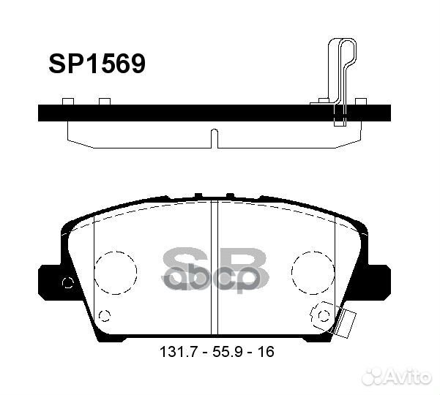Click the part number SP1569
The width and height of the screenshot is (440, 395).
[97, 64]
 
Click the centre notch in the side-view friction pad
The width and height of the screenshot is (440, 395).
[212, 137]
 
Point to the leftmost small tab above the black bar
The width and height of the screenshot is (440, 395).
[68, 101]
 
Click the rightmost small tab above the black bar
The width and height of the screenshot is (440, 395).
[360, 101]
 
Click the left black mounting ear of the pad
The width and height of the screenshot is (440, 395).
[50, 282]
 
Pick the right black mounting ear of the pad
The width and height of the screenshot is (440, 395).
[379, 282]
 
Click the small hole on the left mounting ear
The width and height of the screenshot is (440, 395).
[68, 284]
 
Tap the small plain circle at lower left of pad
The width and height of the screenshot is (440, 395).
[103, 315]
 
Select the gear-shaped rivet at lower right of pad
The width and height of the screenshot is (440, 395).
[323, 315]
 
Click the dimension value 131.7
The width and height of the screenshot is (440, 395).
[175, 353]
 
